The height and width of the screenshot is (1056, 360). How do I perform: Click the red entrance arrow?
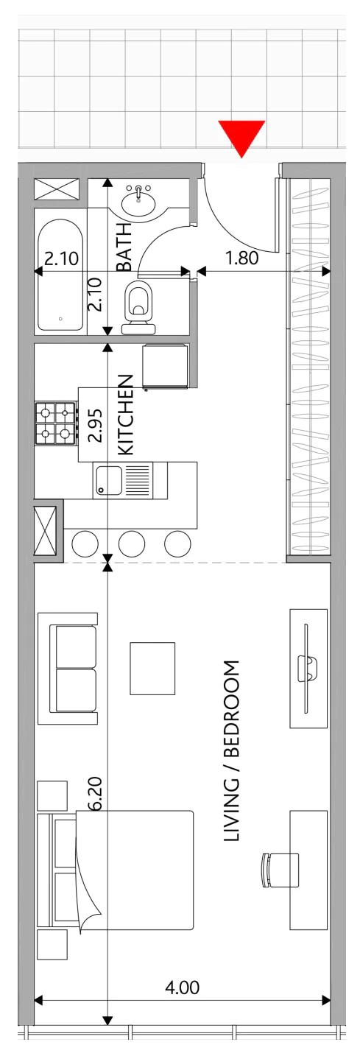click(241, 138)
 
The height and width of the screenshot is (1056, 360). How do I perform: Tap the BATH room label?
click(124, 247)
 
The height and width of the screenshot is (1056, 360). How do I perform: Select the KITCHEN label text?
click(125, 415)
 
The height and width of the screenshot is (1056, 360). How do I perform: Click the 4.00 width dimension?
click(183, 988)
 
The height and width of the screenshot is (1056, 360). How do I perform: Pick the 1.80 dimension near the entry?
click(241, 258)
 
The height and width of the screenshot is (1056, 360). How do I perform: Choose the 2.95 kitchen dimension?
click(96, 425)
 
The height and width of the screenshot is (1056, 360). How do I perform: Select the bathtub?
click(60, 276)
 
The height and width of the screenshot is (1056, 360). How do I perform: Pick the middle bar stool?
click(132, 543)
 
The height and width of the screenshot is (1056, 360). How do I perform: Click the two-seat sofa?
click(68, 668)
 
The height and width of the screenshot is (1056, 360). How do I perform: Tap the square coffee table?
click(152, 668)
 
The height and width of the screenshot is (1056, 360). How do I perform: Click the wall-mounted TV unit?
click(308, 669)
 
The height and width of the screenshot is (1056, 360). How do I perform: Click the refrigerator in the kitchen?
click(166, 366)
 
